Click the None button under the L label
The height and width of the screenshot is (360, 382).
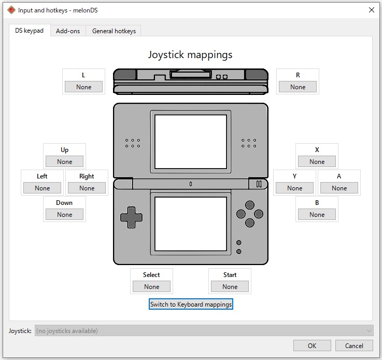(83, 87)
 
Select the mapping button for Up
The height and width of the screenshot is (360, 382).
(65, 161)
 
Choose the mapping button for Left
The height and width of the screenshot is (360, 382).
(42, 188)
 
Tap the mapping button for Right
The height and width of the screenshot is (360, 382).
(87, 188)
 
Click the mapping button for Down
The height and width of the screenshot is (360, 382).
(65, 214)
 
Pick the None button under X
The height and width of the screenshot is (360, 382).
(317, 161)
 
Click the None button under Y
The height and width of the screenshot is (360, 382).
(294, 188)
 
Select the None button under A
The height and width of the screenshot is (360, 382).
(339, 188)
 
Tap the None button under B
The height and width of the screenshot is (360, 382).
(317, 214)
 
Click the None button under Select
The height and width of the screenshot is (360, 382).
(151, 286)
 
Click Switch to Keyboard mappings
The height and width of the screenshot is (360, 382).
(191, 304)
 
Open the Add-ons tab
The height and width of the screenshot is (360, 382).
(68, 31)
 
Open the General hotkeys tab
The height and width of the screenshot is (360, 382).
(114, 31)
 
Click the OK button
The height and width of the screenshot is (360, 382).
(312, 345)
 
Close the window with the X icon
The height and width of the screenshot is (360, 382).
(372, 10)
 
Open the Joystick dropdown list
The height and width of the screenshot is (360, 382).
(204, 331)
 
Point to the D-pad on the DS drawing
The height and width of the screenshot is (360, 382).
(131, 217)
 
